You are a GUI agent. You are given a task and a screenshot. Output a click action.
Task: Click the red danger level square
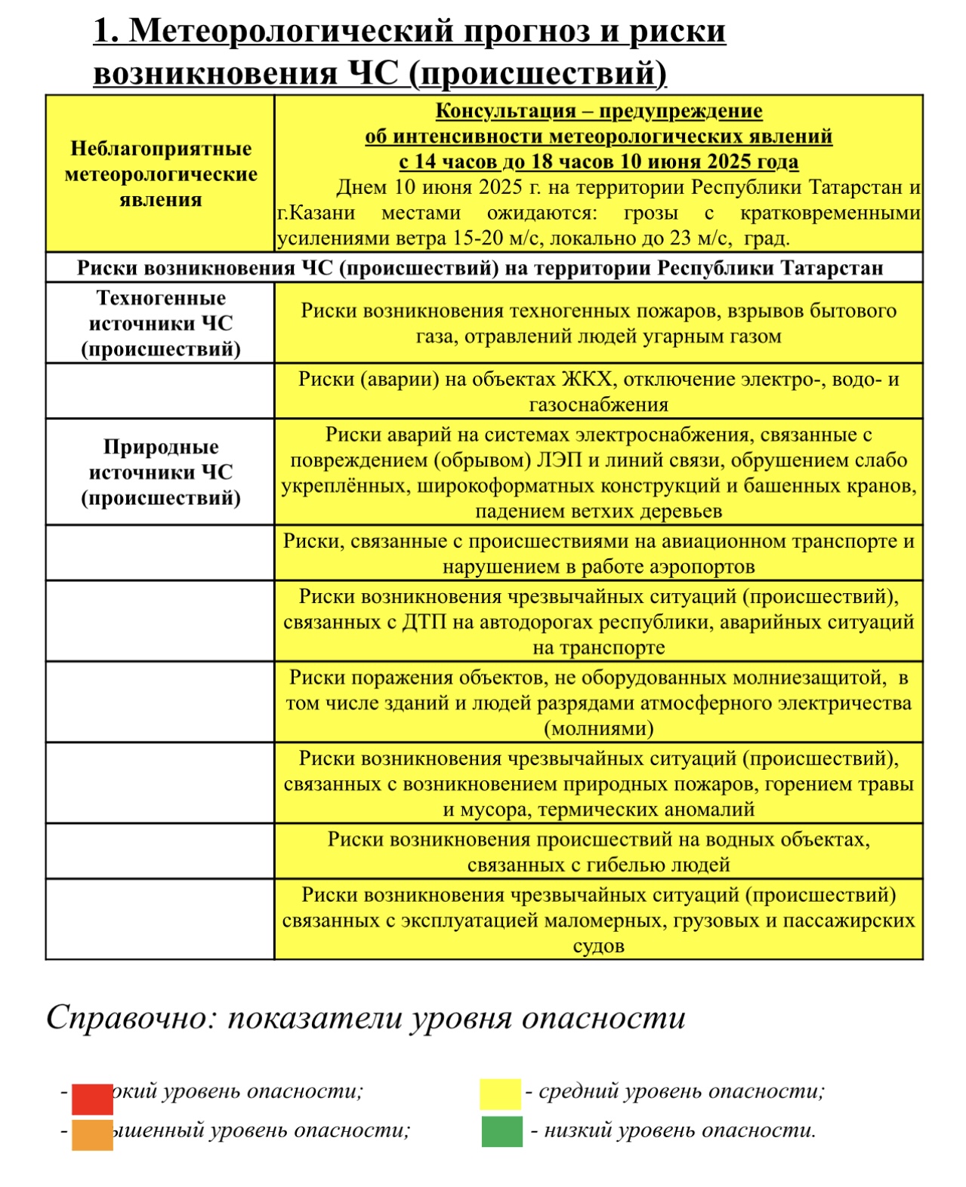point(92,1099)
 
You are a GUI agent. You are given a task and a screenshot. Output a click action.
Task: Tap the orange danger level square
point(92,1134)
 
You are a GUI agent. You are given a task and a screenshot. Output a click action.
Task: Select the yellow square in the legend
point(500,1094)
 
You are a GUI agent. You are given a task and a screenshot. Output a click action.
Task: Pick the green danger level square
point(502,1131)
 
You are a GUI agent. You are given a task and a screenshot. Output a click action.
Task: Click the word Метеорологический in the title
point(292,32)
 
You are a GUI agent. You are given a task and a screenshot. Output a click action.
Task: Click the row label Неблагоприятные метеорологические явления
point(160,174)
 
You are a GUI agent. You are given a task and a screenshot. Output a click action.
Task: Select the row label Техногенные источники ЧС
point(160,324)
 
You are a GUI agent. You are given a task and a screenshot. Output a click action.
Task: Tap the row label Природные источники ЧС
point(160,472)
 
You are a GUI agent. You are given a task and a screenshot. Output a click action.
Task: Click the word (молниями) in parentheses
point(598,729)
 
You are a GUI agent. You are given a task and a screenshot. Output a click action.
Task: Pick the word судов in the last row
point(598,946)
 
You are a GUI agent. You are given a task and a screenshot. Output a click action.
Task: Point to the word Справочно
point(127,1018)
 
